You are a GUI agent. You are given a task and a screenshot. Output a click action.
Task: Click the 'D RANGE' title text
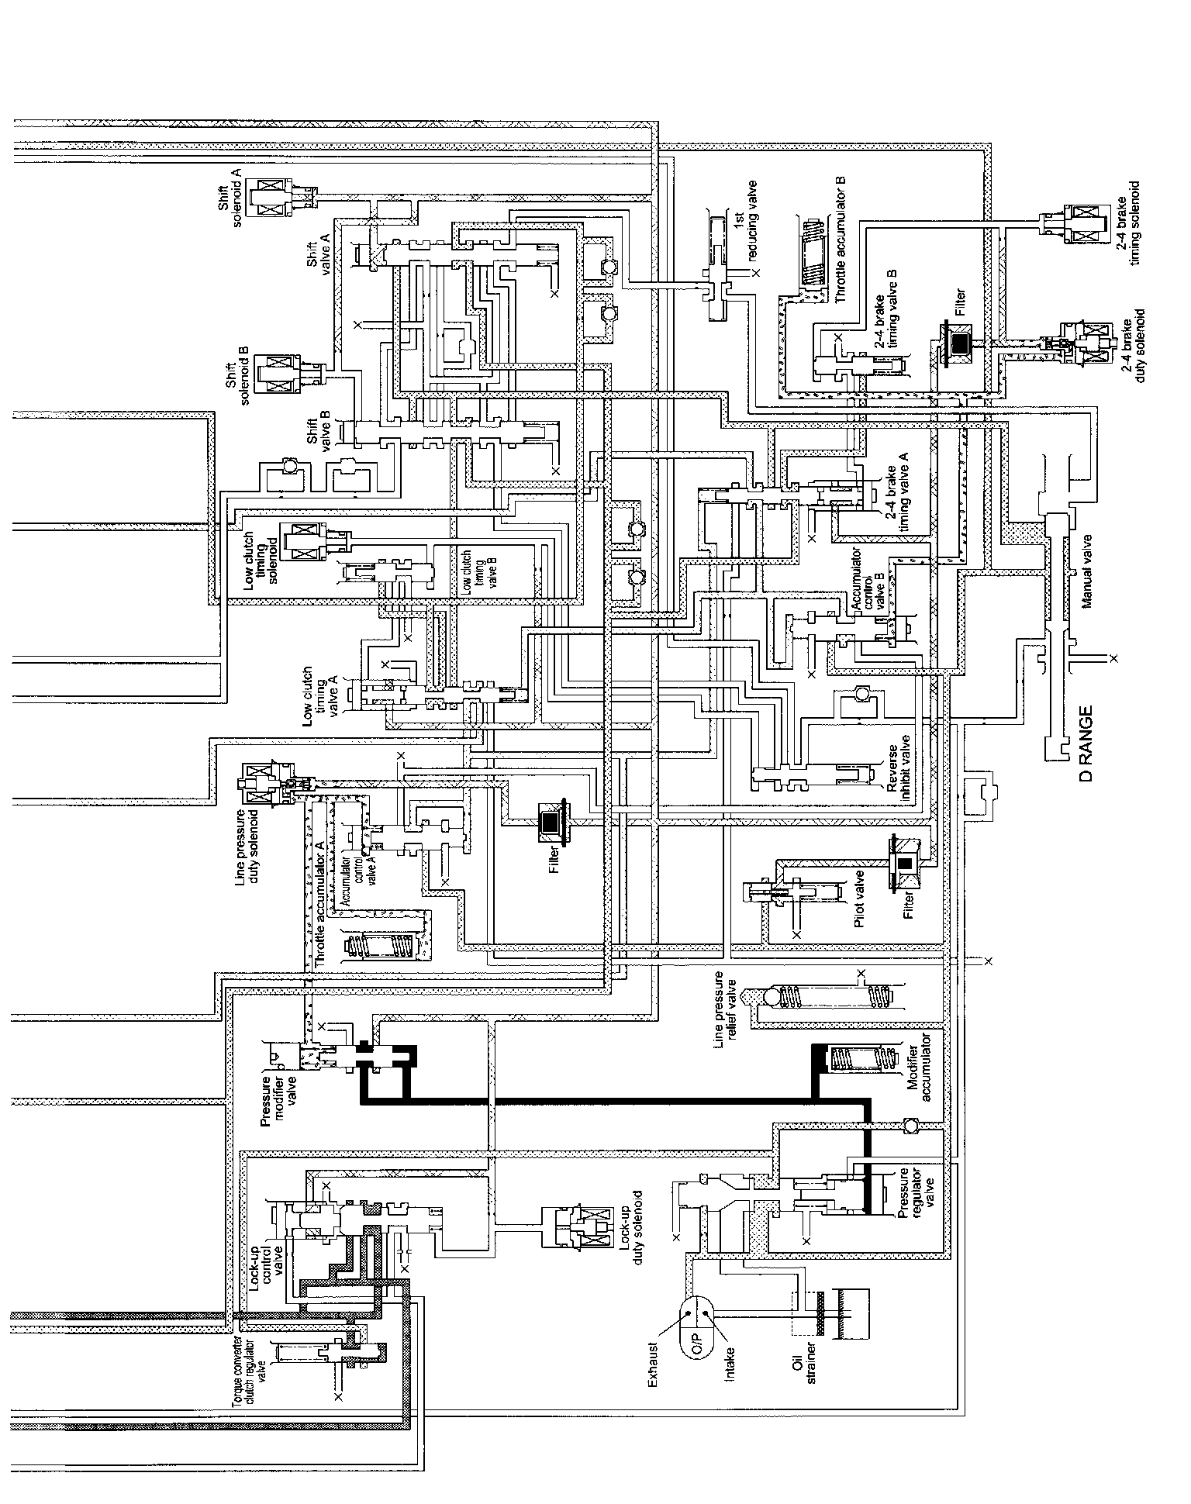[1085, 742]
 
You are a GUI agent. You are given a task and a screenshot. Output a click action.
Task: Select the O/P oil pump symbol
[696, 1333]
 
